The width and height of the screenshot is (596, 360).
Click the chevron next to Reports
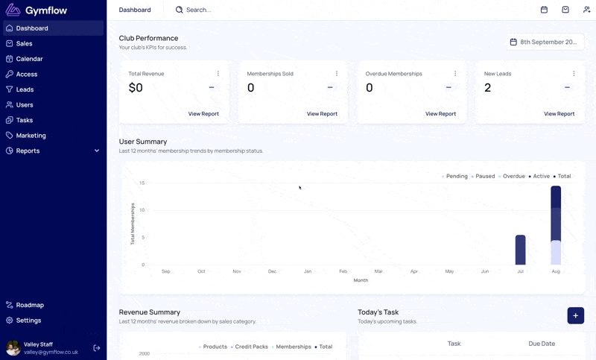[97, 151]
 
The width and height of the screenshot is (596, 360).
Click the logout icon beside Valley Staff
[97, 348]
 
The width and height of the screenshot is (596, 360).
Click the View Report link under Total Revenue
[203, 113]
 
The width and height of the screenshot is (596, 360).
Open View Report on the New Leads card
[559, 113]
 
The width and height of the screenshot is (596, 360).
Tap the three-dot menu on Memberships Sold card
[337, 73]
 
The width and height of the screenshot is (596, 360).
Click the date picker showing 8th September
[545, 42]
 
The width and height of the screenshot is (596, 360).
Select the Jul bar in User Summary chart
[520, 250]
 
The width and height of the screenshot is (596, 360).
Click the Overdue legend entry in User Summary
[512, 177]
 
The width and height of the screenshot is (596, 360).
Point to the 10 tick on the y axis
[142, 210]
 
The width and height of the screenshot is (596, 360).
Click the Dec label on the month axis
[272, 271]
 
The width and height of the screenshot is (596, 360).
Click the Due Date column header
[542, 344]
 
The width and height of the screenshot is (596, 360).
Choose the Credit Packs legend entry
[250, 347]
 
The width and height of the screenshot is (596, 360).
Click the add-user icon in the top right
[586, 10]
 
